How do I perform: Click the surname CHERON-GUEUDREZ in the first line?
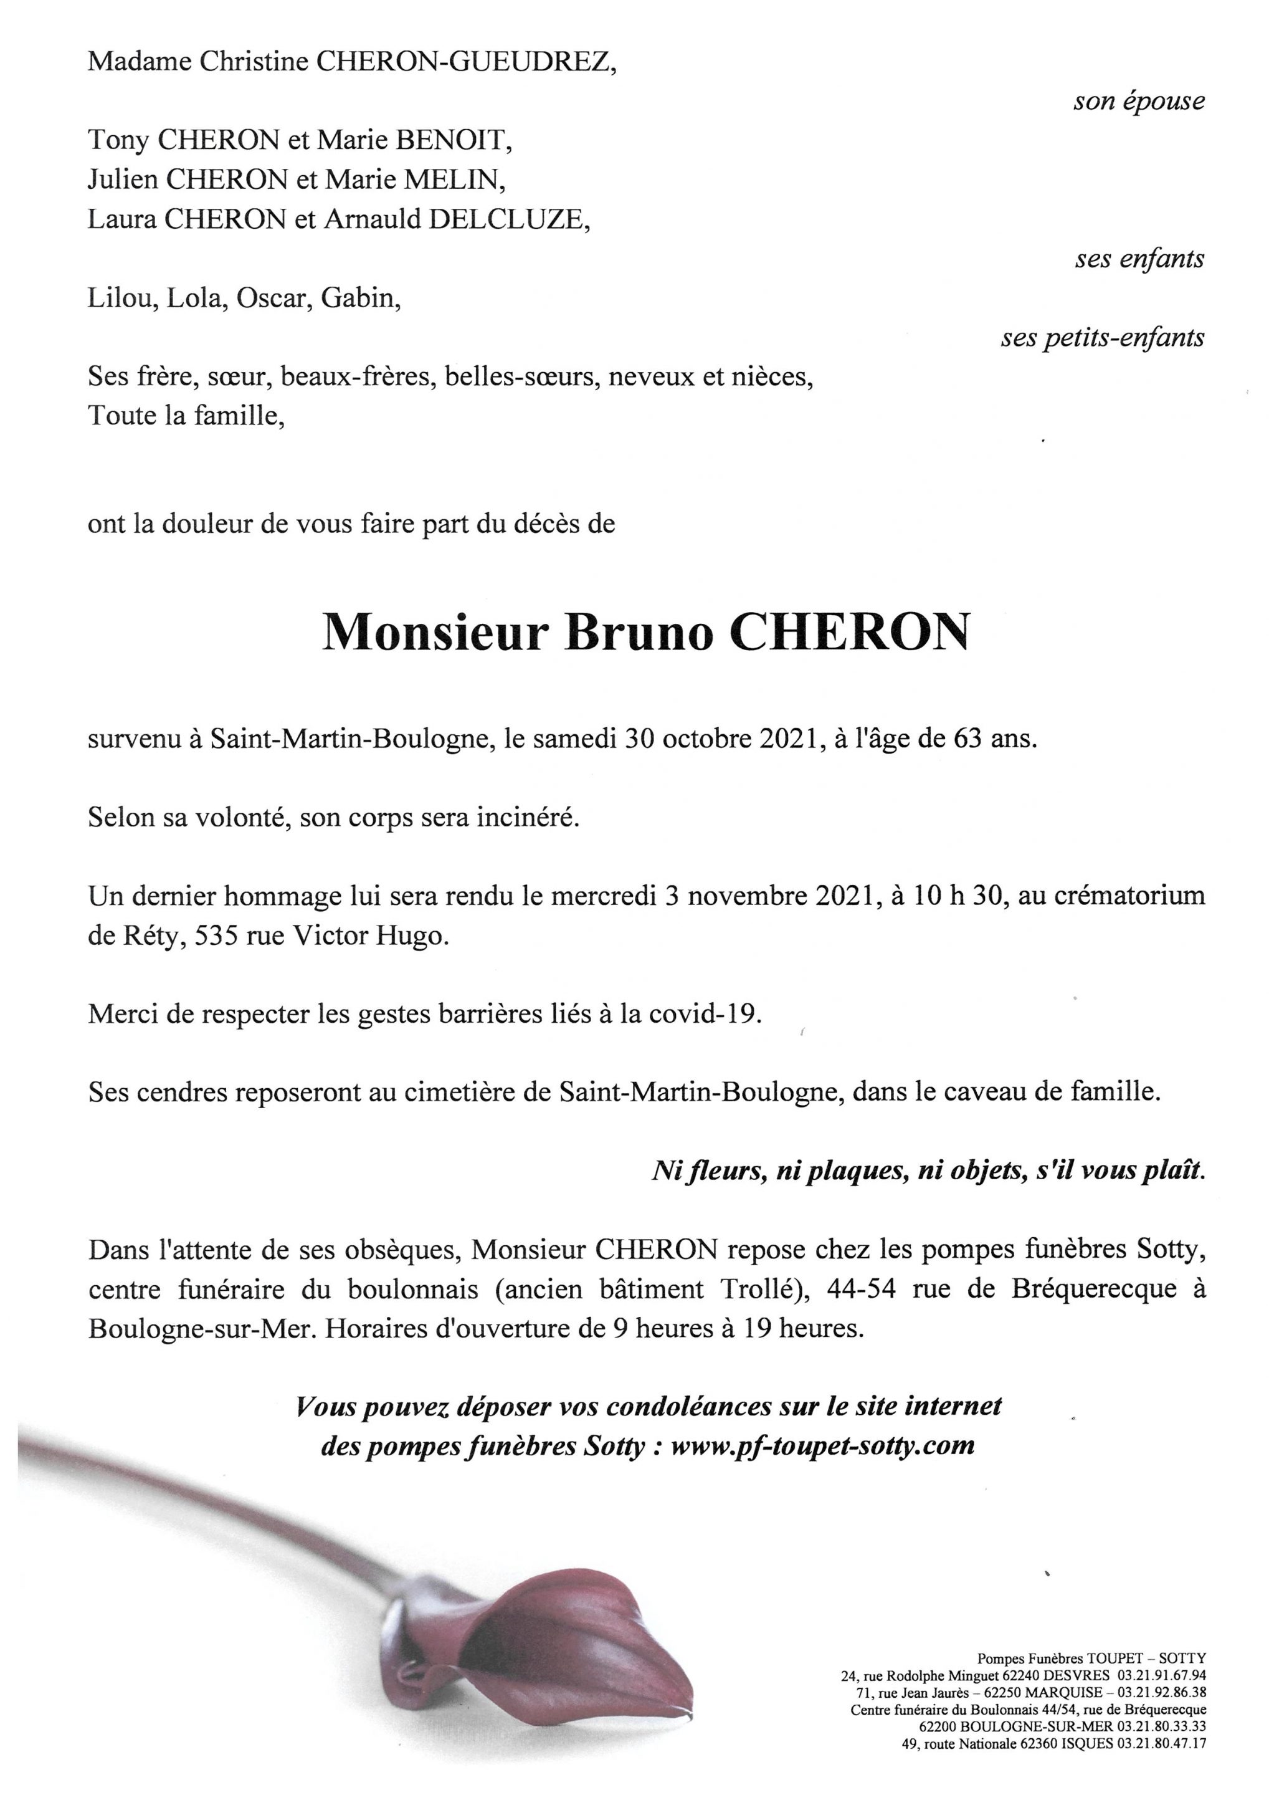coord(464,62)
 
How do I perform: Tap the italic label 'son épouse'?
coord(1139,102)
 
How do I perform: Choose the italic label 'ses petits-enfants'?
coord(1103,338)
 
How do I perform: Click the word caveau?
coord(981,1093)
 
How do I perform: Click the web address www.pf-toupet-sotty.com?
coord(823,1445)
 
